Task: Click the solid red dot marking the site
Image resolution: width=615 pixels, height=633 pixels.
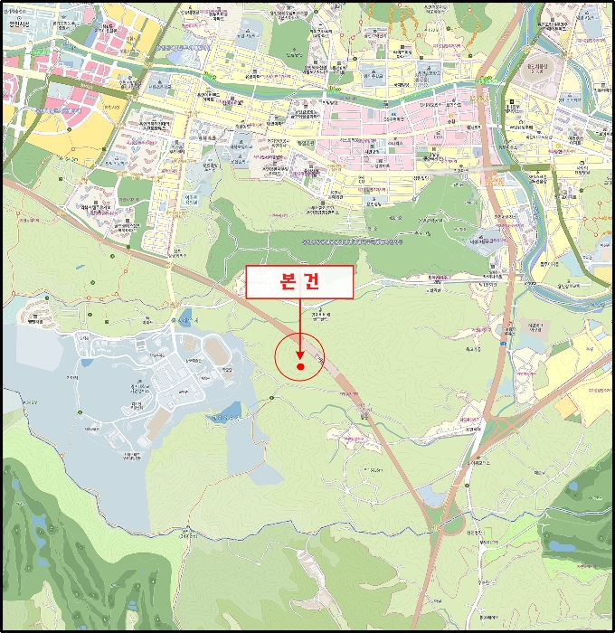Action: [x=299, y=367]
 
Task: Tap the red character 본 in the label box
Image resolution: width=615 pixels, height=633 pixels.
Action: [x=281, y=282]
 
